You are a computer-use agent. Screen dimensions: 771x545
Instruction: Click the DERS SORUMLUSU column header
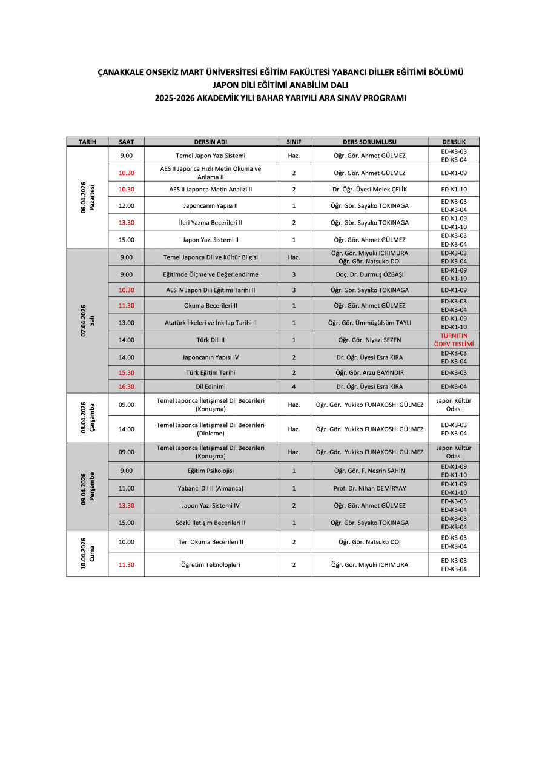369,142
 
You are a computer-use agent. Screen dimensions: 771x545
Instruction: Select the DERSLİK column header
454,142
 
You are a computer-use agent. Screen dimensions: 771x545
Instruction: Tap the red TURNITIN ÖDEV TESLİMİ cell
454,340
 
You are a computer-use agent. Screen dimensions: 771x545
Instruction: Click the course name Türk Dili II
210,340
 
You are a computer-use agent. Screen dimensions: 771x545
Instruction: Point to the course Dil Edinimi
210,386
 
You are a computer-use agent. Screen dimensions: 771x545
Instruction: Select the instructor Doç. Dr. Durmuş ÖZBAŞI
369,274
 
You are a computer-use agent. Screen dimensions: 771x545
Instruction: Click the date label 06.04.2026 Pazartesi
87,197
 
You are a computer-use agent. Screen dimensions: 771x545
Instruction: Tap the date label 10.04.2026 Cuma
87,554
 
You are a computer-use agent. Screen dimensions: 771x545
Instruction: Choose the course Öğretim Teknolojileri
210,564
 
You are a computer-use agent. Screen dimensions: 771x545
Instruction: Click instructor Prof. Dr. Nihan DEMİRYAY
369,488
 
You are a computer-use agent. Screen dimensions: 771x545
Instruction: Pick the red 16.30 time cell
126,386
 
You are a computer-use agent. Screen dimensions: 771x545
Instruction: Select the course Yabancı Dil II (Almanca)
210,488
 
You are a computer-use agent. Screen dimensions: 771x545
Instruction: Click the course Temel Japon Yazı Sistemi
210,156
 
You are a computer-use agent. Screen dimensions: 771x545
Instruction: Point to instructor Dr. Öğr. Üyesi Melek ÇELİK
369,189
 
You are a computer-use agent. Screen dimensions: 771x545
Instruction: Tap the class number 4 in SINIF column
294,386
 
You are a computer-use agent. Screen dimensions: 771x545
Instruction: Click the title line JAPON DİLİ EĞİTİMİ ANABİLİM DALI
280,85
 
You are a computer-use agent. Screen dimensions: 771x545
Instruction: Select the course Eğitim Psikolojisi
210,471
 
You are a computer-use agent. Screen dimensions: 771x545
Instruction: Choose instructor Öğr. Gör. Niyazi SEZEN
369,340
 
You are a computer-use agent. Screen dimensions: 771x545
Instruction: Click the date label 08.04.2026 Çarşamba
87,417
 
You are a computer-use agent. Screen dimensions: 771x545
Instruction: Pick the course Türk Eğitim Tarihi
210,372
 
